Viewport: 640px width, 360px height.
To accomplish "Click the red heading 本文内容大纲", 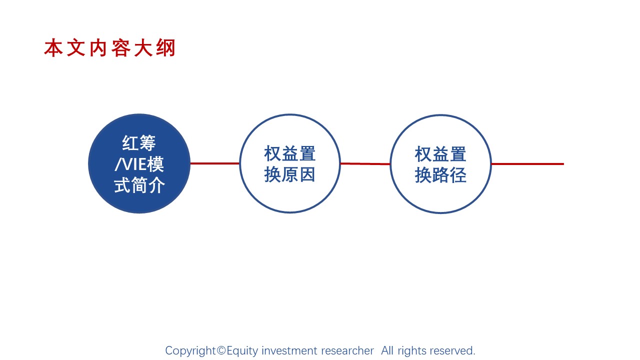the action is point(109,47).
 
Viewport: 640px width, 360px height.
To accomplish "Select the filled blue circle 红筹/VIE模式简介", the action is point(139,163).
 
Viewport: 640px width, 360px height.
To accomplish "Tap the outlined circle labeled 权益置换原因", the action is point(289,163).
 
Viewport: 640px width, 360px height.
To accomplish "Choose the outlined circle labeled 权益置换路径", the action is point(440,163).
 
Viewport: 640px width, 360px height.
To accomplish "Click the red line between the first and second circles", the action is point(215,163).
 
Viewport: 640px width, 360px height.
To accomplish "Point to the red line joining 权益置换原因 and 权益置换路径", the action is point(365,163).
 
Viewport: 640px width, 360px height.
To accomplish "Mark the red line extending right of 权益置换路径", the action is point(527,164).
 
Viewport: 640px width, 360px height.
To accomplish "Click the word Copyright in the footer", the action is point(190,350).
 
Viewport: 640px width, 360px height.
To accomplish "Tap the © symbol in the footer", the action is point(221,350).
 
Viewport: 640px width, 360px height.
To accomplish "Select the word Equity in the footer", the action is point(242,351).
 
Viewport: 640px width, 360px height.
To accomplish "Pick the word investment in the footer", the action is point(289,350).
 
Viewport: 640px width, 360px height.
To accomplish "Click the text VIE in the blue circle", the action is point(135,164).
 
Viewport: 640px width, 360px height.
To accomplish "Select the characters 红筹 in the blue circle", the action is point(139,143).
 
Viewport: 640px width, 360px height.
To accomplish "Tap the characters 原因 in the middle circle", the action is point(298,174).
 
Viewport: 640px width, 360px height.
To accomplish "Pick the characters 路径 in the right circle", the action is point(449,175).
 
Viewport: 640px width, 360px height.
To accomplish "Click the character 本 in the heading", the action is point(53,47).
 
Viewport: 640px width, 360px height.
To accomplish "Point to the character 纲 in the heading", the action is point(165,47).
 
